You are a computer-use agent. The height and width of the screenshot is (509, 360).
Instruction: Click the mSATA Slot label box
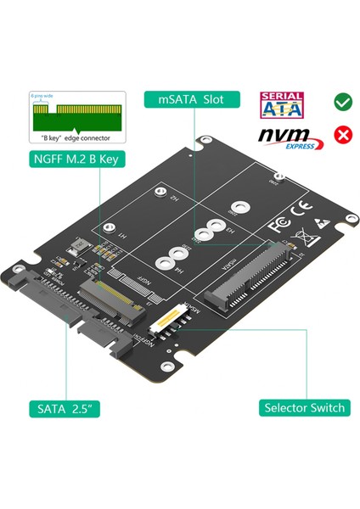click(x=191, y=99)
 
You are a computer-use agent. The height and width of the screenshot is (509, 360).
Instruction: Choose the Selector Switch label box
click(x=304, y=407)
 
